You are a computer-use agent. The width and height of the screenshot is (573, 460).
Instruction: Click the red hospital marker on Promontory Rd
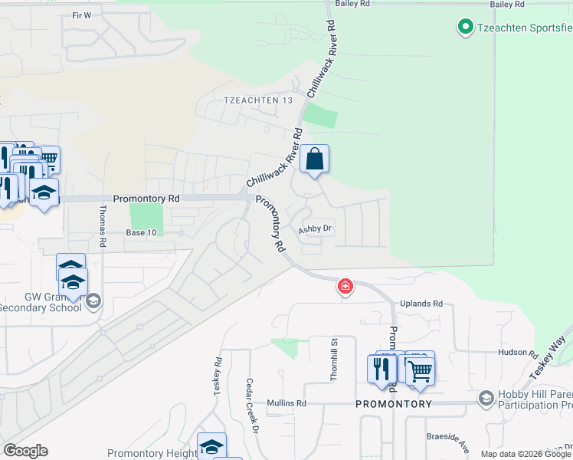point(345,287)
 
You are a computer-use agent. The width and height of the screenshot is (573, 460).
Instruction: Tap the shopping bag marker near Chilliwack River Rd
point(314,159)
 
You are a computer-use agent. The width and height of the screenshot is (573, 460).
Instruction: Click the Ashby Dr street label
point(315,228)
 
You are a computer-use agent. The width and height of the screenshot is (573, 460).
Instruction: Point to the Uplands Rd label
point(427,304)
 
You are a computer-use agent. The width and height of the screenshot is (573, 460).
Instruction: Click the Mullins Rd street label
point(286,403)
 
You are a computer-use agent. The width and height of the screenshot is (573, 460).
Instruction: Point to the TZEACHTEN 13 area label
point(258,100)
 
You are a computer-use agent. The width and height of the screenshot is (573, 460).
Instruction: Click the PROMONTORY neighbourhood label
point(394,403)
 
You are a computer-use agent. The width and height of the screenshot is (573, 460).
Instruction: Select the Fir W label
point(80,15)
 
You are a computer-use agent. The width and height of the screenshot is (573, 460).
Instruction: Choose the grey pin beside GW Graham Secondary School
point(93,300)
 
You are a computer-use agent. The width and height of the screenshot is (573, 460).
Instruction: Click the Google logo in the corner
point(25,451)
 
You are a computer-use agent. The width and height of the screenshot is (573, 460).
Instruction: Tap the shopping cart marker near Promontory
point(420,371)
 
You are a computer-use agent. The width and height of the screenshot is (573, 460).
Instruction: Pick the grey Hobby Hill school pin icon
point(486,399)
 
